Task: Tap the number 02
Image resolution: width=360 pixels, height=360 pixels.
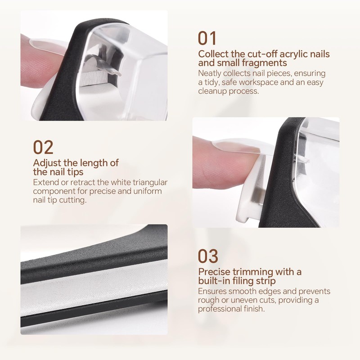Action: (x=43, y=147)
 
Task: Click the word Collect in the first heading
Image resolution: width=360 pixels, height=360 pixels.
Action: (x=213, y=54)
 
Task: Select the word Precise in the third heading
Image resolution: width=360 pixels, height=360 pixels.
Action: (x=215, y=272)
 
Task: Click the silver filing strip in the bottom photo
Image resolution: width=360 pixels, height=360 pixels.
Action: (x=90, y=292)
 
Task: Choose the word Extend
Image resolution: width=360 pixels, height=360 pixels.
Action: (x=45, y=182)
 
